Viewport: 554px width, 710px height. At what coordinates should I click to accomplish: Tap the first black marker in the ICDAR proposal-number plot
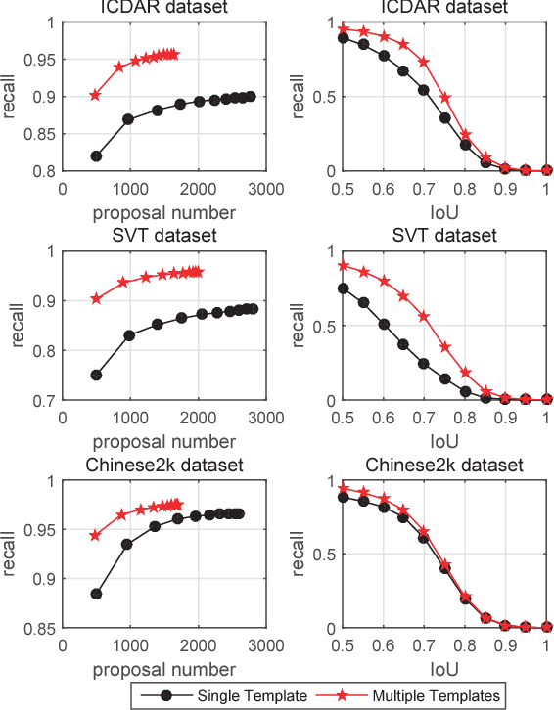(x=96, y=156)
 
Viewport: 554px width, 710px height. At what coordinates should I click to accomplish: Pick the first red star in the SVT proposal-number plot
(x=96, y=298)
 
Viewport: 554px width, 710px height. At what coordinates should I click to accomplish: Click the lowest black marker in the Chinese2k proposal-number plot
(x=96, y=594)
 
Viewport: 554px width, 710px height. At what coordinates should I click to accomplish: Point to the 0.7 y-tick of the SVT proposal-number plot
(x=45, y=400)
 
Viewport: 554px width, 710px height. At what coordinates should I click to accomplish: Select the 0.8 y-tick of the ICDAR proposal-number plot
(x=45, y=171)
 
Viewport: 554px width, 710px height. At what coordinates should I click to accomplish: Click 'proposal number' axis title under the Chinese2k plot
(x=163, y=670)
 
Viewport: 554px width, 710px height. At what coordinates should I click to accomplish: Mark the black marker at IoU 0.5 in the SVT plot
(x=343, y=288)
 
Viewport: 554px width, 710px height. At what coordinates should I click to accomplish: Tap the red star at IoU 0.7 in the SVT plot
(x=424, y=316)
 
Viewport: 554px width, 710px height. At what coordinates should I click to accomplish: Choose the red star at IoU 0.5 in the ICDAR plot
(x=343, y=29)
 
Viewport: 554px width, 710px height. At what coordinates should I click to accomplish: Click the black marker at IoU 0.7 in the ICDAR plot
(x=424, y=90)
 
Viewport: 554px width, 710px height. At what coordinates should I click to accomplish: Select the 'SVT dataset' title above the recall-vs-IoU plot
(x=444, y=236)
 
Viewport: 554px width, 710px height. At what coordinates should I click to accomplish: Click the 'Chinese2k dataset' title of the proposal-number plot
(x=163, y=465)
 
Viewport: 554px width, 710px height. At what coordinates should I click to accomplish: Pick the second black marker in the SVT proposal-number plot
(x=129, y=335)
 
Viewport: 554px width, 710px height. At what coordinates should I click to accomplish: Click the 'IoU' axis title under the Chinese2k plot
(x=444, y=670)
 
